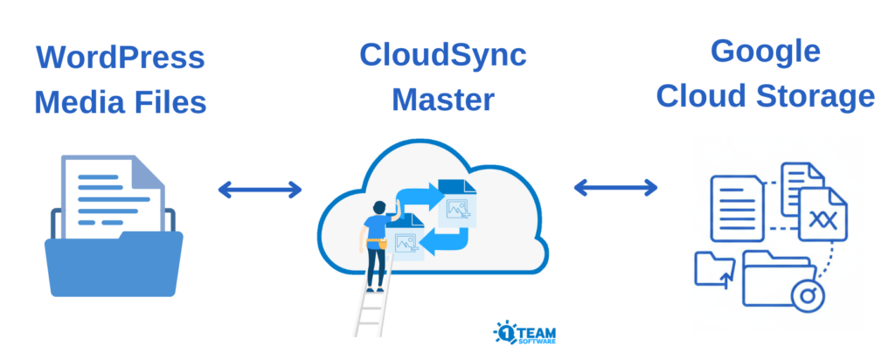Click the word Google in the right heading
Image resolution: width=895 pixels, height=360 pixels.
pos(765,51)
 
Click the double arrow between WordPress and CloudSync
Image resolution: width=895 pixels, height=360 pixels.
pos(260,188)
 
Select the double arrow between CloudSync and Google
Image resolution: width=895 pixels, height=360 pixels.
pos(615,186)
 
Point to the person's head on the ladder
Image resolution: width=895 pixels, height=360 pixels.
pos(378,209)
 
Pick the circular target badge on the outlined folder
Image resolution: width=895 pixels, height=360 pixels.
pos(808,296)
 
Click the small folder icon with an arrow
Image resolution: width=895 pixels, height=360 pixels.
pos(712,268)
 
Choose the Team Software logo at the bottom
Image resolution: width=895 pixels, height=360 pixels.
pos(524,333)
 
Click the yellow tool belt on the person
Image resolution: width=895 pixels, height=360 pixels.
pos(377,241)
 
